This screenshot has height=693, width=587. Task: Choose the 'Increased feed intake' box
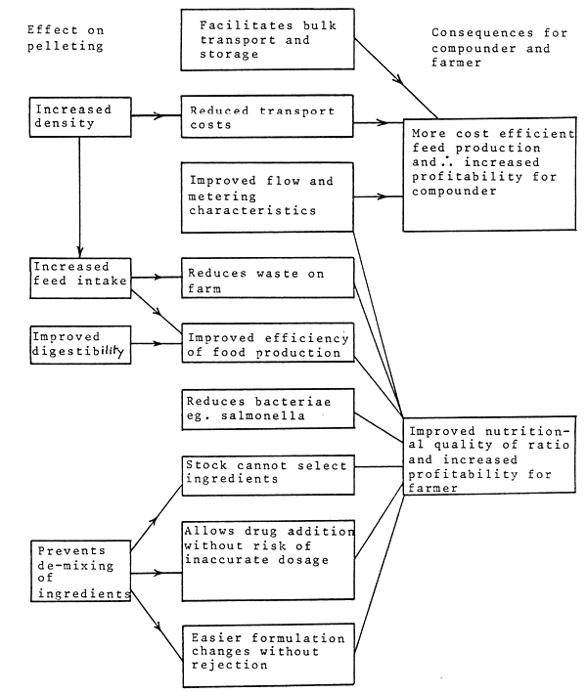click(79, 277)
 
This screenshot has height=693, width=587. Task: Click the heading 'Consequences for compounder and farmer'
click(499, 48)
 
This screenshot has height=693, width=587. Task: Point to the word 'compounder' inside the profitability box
click(451, 192)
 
